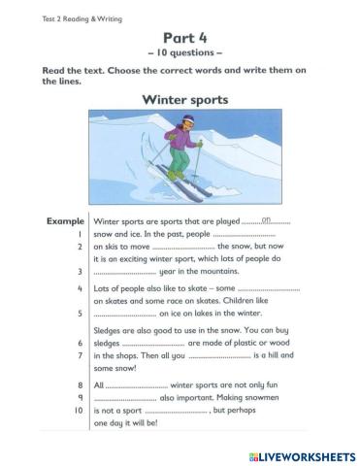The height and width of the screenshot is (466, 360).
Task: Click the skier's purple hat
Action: point(187,120)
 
